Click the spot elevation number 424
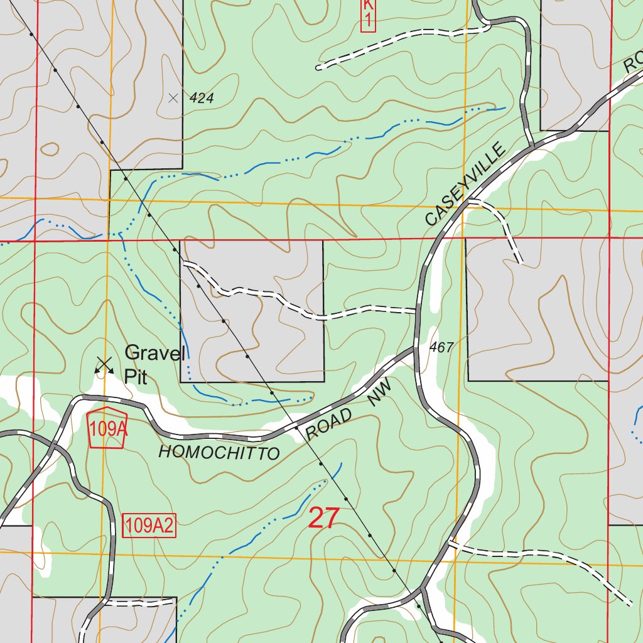pos(202,99)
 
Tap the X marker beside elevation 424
pos(174,98)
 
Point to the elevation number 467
pos(441,347)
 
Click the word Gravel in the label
pos(153,353)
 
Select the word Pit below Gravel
pos(135,377)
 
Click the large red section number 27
pos(324,519)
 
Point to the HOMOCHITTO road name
pos(219,452)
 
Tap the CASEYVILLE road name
pos(465,185)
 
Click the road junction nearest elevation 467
pos(415,349)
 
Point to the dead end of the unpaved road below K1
pos(319,67)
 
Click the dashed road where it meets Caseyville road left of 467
pos(415,310)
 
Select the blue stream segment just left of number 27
pos(286,515)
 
